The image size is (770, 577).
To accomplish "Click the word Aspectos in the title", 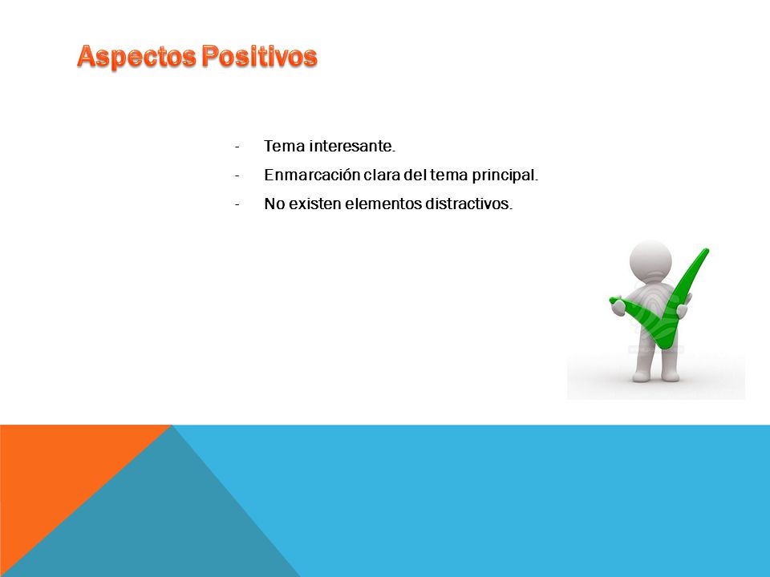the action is (136, 56).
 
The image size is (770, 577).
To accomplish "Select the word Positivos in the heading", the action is (259, 55).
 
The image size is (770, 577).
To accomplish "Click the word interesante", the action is (353, 146).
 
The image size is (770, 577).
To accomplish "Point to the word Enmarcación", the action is (312, 176).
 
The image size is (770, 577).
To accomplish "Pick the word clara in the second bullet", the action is (382, 176).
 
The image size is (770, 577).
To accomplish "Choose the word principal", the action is (505, 176).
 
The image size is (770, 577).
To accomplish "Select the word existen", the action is (314, 204).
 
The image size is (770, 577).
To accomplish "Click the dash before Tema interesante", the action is (237, 147).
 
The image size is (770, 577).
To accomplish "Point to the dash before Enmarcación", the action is (237, 176).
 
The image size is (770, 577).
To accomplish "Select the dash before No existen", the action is (237, 204).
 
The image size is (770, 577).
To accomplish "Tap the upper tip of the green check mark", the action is (706, 251).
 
